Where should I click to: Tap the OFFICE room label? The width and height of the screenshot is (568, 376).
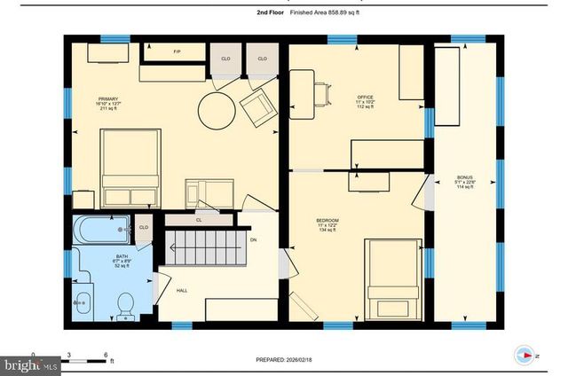click(x=365, y=97)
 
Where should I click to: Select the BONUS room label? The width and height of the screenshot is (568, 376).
click(x=465, y=176)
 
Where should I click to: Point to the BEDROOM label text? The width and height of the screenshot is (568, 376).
click(x=328, y=220)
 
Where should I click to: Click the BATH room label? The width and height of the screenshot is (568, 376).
click(x=97, y=259)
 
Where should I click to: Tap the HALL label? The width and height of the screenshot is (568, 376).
click(x=181, y=290)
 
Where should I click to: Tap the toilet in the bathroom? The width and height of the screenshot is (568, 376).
click(x=125, y=302)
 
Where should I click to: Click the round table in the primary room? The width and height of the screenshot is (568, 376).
click(x=218, y=111)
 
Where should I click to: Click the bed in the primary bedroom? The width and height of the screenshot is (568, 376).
click(x=130, y=168)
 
